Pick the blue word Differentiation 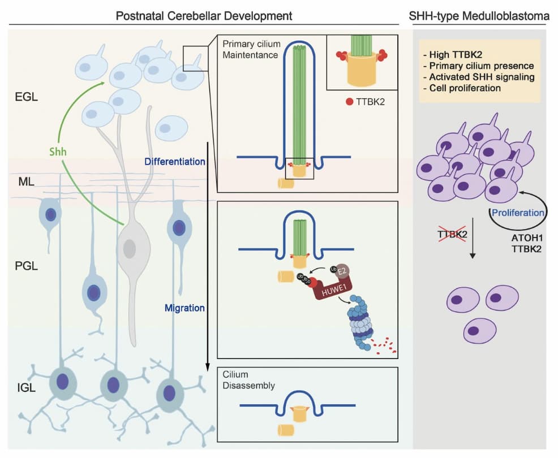point(174,162)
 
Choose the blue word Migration point(184,308)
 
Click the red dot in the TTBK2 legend point(349,102)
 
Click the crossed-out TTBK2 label point(452,234)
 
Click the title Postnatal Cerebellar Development point(204,16)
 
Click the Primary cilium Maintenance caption point(251,49)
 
